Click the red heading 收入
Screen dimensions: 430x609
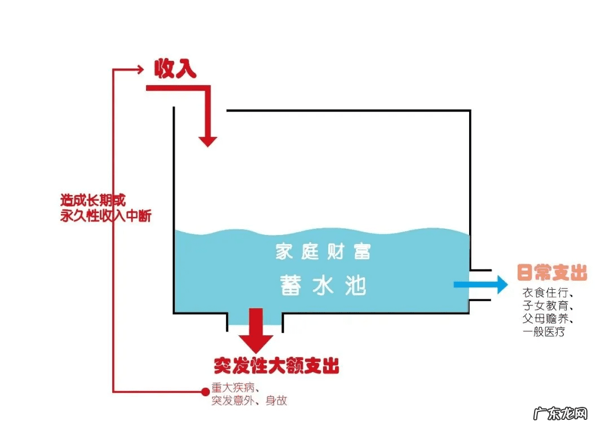(175, 69)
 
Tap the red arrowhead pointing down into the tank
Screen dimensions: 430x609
(208, 140)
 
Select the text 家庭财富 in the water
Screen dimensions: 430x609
(323, 251)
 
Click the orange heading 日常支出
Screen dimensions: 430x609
(552, 274)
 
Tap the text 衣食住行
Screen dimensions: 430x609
(548, 294)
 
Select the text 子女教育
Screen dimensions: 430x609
(548, 307)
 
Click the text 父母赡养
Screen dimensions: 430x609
(548, 319)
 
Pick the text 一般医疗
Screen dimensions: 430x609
(544, 332)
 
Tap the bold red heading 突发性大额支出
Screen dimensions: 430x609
(276, 366)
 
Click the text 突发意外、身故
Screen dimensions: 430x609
(249, 401)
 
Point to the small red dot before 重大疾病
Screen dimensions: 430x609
(204, 391)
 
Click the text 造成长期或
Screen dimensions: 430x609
(92, 201)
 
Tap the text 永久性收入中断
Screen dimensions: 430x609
(105, 216)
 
